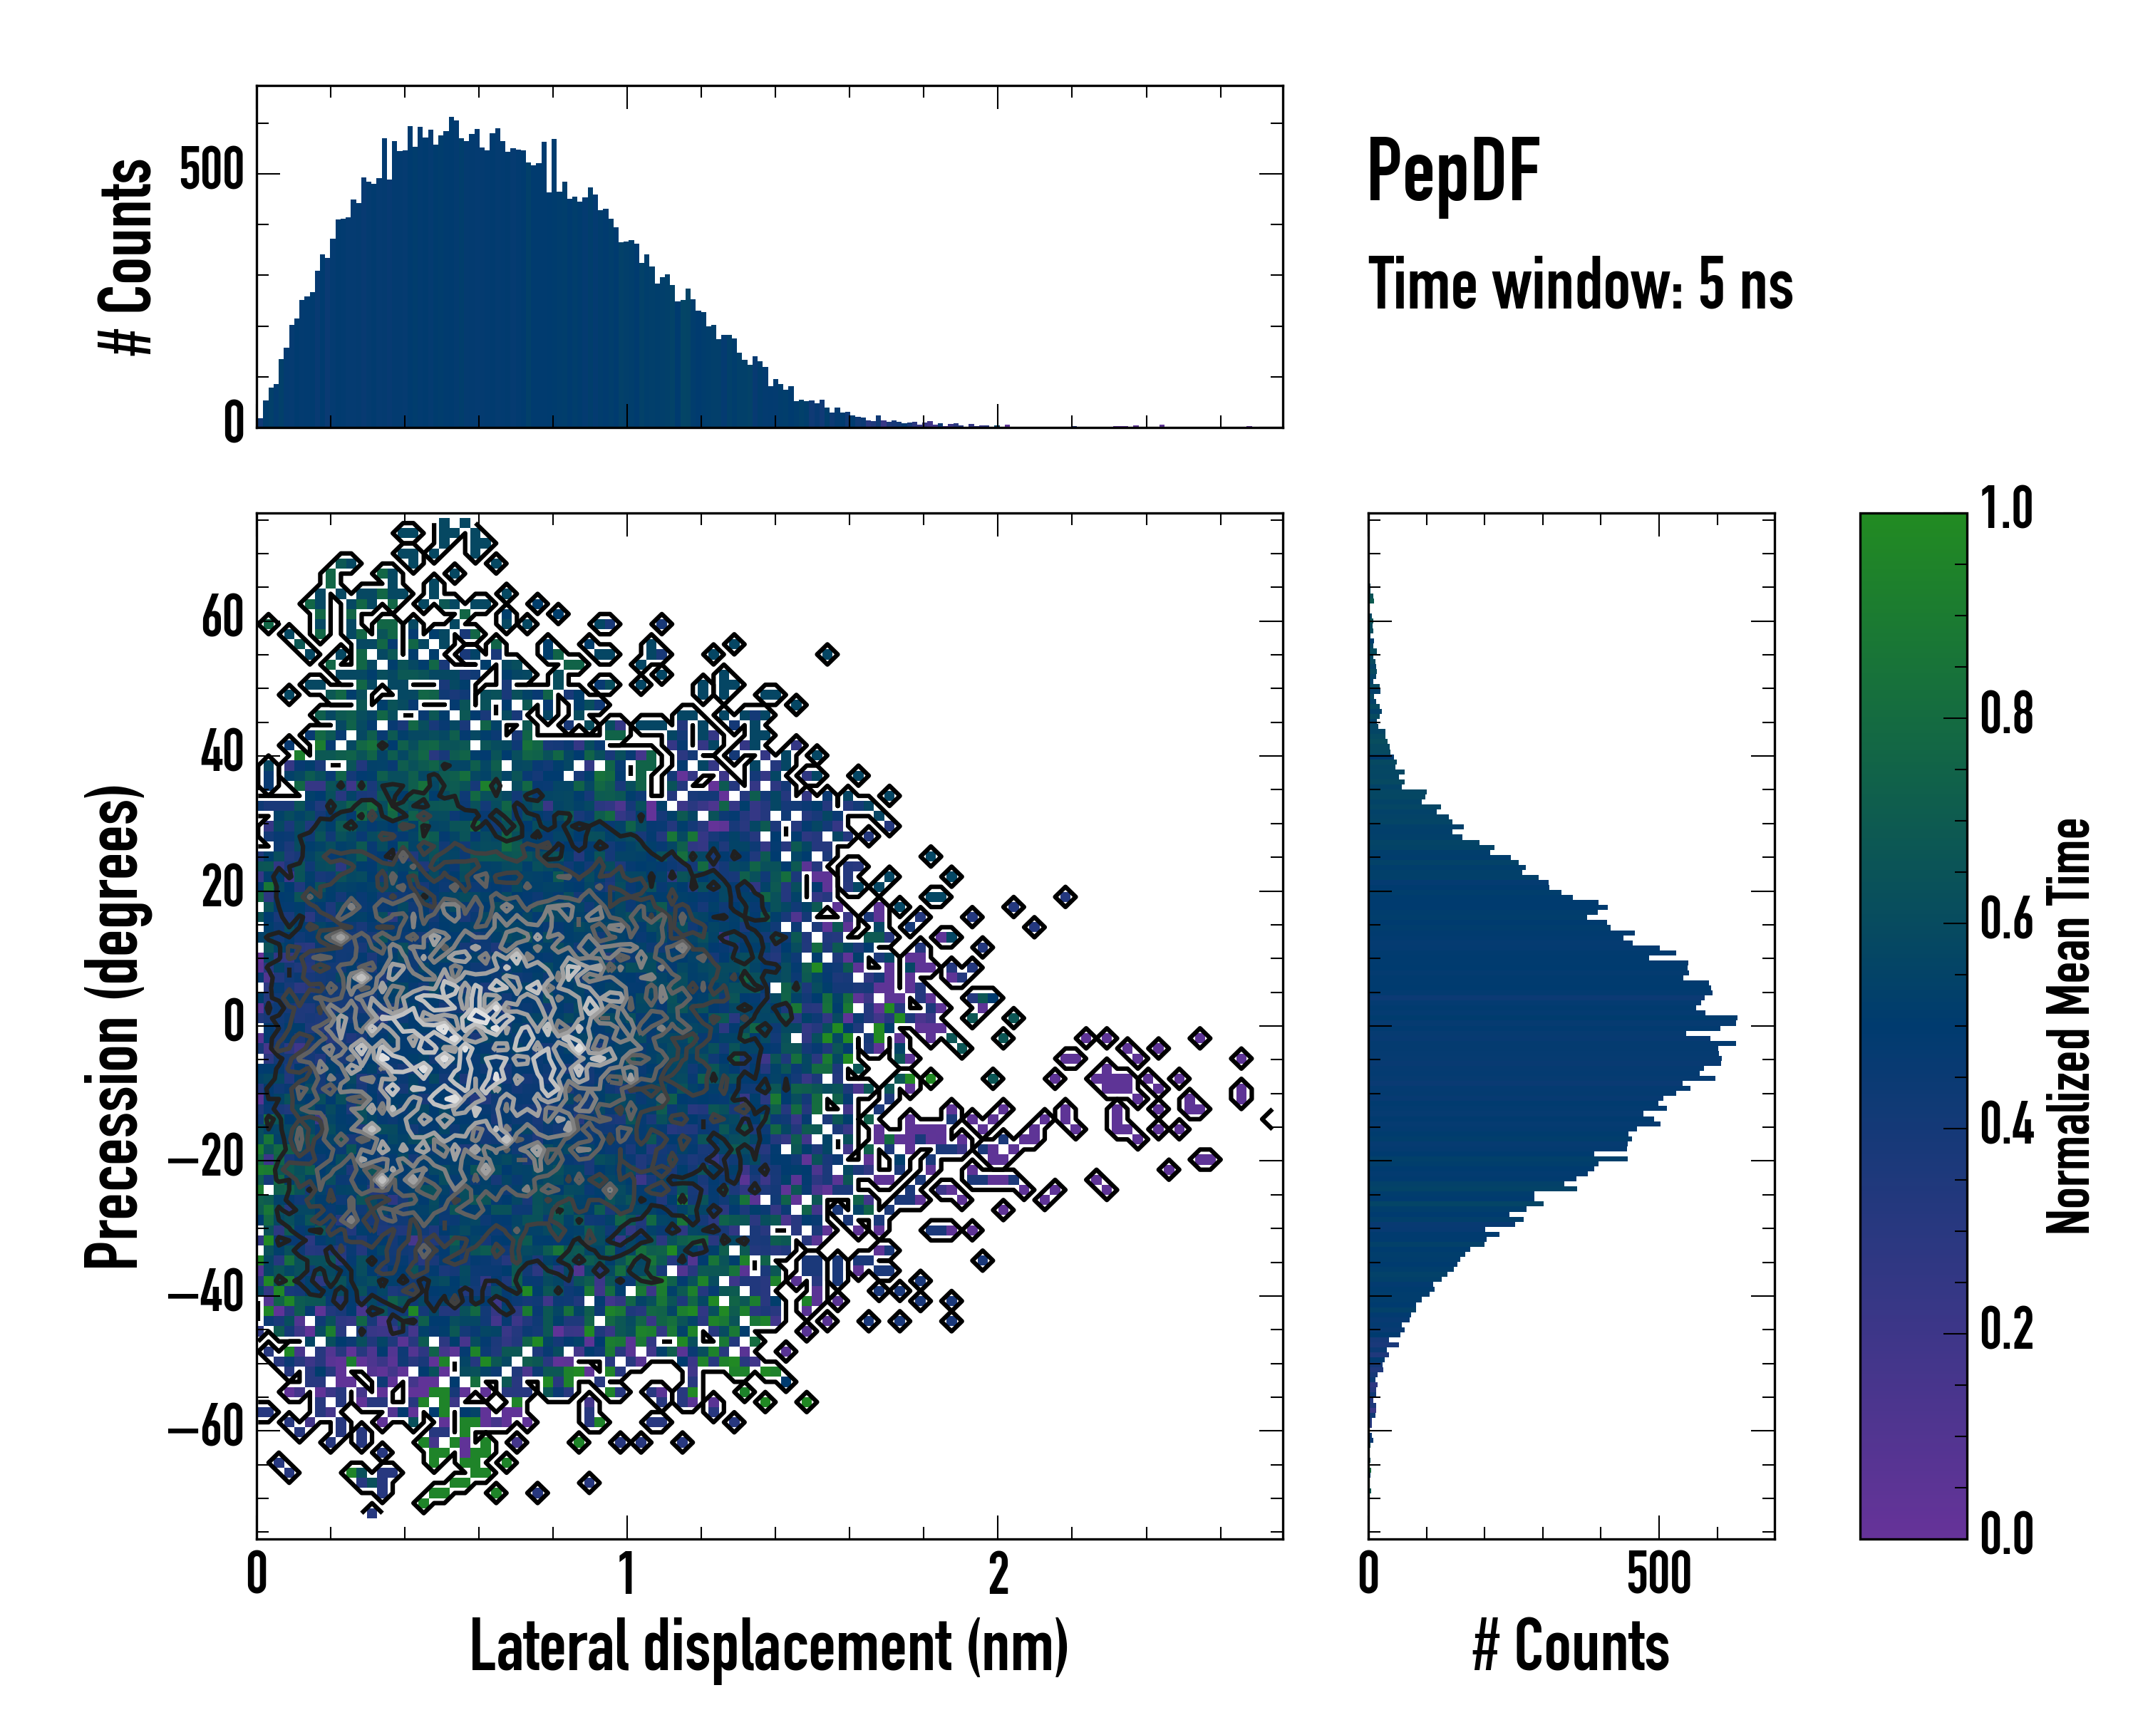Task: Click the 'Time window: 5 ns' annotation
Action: click(1580, 284)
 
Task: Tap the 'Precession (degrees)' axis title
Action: click(112, 1026)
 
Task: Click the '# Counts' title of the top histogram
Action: click(126, 256)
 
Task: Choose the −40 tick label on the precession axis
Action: click(206, 1295)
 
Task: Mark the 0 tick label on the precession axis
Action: click(234, 1024)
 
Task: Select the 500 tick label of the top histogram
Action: click(211, 172)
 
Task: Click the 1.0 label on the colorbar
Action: click(2006, 509)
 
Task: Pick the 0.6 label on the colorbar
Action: click(2006, 920)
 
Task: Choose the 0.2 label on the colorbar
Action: click(2006, 1330)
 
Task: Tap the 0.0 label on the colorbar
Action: click(2006, 1535)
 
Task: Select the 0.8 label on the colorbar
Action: click(2006, 715)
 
